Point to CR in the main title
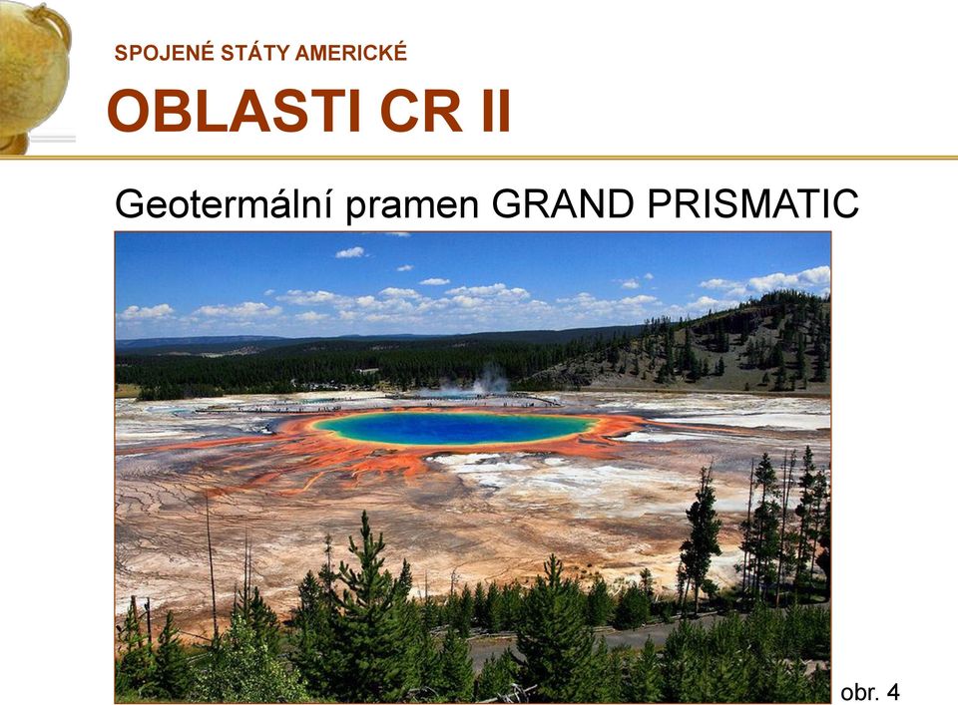pyautogui.click(x=421, y=111)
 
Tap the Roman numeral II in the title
pyautogui.click(x=496, y=111)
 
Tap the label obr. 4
pyautogui.click(x=870, y=692)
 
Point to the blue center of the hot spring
pyautogui.click(x=455, y=427)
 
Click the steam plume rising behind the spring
pyautogui.click(x=486, y=379)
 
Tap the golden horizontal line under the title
pyautogui.click(x=479, y=158)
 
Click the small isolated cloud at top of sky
pyautogui.click(x=350, y=252)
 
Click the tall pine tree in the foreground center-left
pyautogui.click(x=365, y=604)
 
